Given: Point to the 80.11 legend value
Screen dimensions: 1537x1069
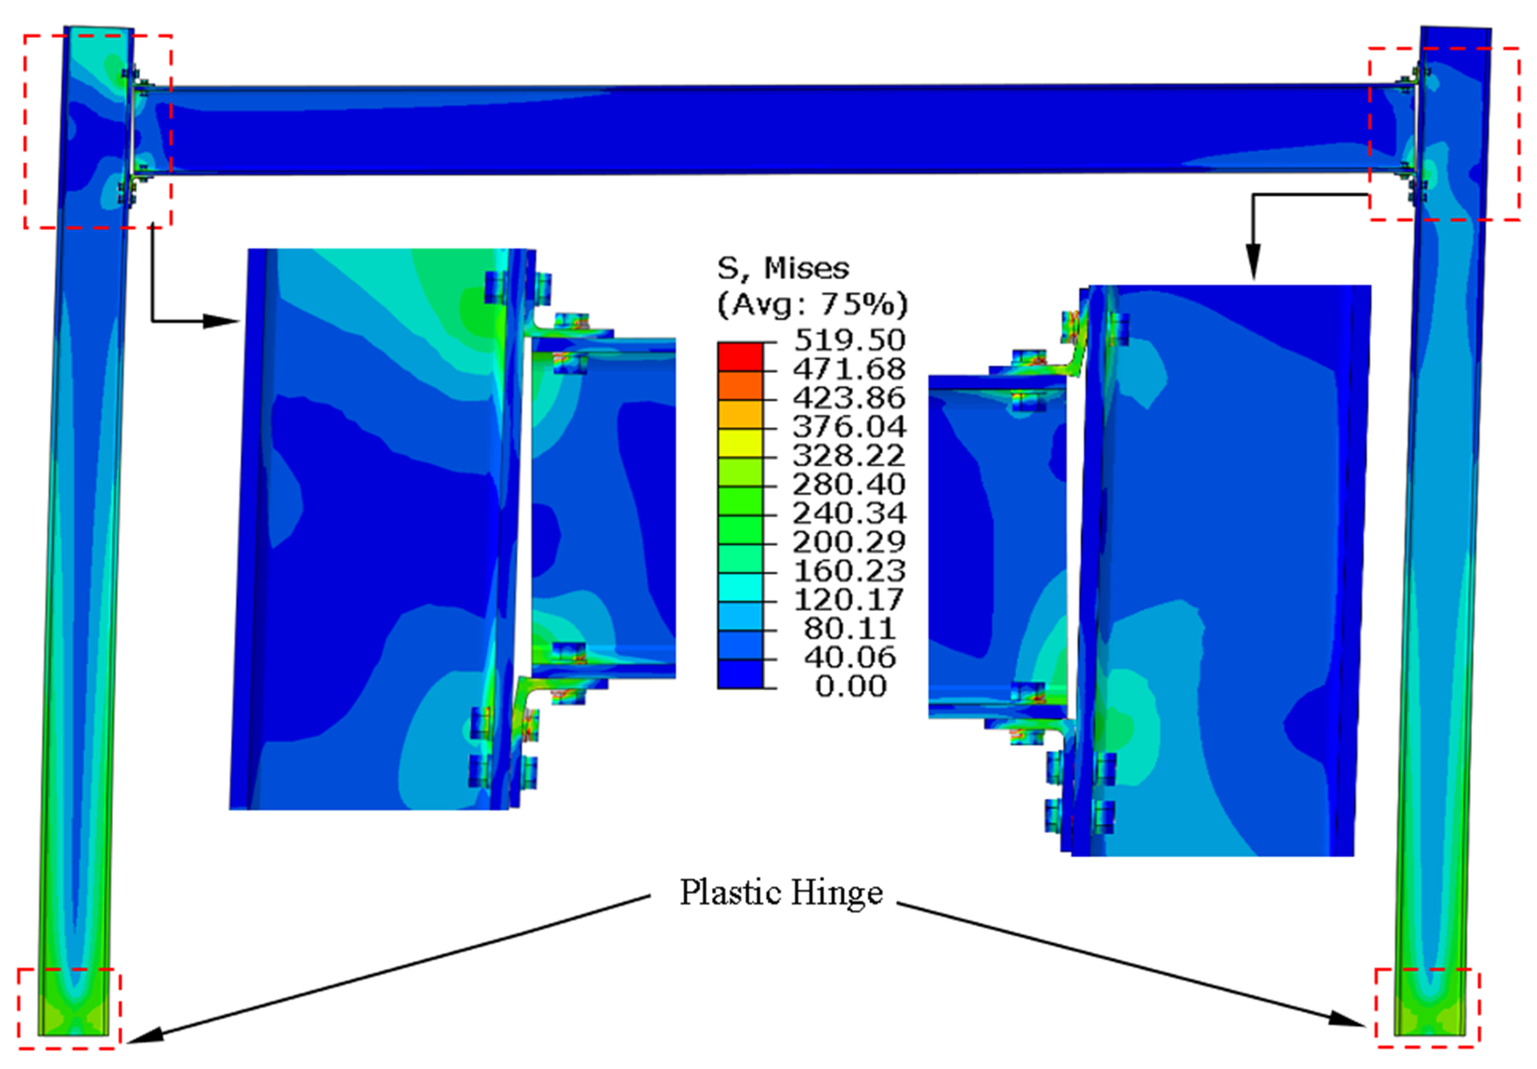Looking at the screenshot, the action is coord(850,629).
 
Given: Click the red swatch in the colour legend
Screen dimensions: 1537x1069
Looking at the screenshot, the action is coord(740,357).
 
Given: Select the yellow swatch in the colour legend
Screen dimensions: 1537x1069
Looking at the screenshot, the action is coord(740,443).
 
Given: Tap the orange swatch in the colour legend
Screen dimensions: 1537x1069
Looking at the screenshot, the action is coord(740,385).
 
